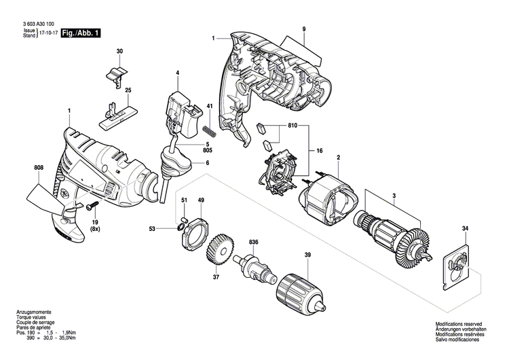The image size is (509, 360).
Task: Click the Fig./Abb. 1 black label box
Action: coord(80,32)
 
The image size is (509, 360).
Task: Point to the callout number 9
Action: coord(304,28)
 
